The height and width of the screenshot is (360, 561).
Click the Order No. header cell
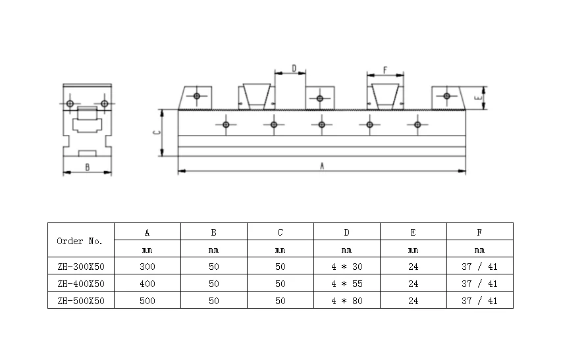click(x=80, y=242)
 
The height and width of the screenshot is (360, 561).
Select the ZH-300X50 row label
click(x=81, y=267)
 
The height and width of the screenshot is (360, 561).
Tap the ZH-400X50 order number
click(x=81, y=284)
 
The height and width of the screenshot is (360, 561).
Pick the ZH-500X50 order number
click(x=81, y=301)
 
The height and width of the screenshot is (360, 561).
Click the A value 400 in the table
click(x=147, y=284)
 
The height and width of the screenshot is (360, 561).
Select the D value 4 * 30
click(x=347, y=267)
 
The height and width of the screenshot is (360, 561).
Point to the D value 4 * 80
click(x=347, y=301)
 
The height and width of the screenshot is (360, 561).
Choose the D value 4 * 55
click(x=347, y=284)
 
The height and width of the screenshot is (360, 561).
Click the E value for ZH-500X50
click(x=414, y=301)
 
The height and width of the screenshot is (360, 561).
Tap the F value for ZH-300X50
click(x=479, y=267)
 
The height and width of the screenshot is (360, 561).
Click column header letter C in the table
click(x=280, y=233)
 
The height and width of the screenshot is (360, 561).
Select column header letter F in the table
click(x=479, y=233)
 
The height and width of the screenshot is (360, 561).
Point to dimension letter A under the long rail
click(x=322, y=166)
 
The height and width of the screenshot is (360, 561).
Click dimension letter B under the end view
click(x=88, y=167)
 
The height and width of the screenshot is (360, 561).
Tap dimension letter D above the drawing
click(x=294, y=68)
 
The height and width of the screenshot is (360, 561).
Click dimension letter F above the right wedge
click(x=385, y=70)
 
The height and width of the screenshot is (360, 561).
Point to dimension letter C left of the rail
click(x=156, y=133)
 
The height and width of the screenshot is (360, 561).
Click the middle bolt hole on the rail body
click(x=321, y=125)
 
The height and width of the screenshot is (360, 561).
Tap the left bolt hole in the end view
click(x=70, y=104)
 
